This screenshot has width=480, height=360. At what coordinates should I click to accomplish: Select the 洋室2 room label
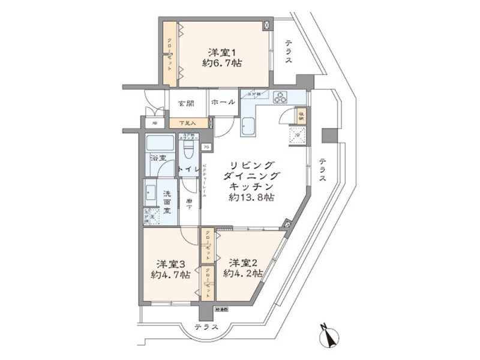pyautogui.click(x=242, y=262)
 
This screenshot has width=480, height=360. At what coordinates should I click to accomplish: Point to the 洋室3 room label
pyautogui.click(x=171, y=263)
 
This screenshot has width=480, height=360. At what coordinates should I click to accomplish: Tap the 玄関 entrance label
pyautogui.click(x=185, y=103)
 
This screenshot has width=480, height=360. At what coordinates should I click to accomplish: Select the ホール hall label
pyautogui.click(x=223, y=103)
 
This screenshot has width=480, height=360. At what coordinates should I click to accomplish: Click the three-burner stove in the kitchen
pyautogui.click(x=281, y=98)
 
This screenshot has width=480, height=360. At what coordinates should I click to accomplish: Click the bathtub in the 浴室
pyautogui.click(x=160, y=144)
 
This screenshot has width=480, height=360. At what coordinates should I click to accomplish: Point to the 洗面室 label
pyautogui.click(x=168, y=202)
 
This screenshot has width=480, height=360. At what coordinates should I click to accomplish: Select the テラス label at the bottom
pyautogui.click(x=207, y=328)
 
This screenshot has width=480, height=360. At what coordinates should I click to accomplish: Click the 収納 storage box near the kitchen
pyautogui.click(x=301, y=116)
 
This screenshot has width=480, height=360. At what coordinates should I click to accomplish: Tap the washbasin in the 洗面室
pyautogui.click(x=151, y=193)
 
